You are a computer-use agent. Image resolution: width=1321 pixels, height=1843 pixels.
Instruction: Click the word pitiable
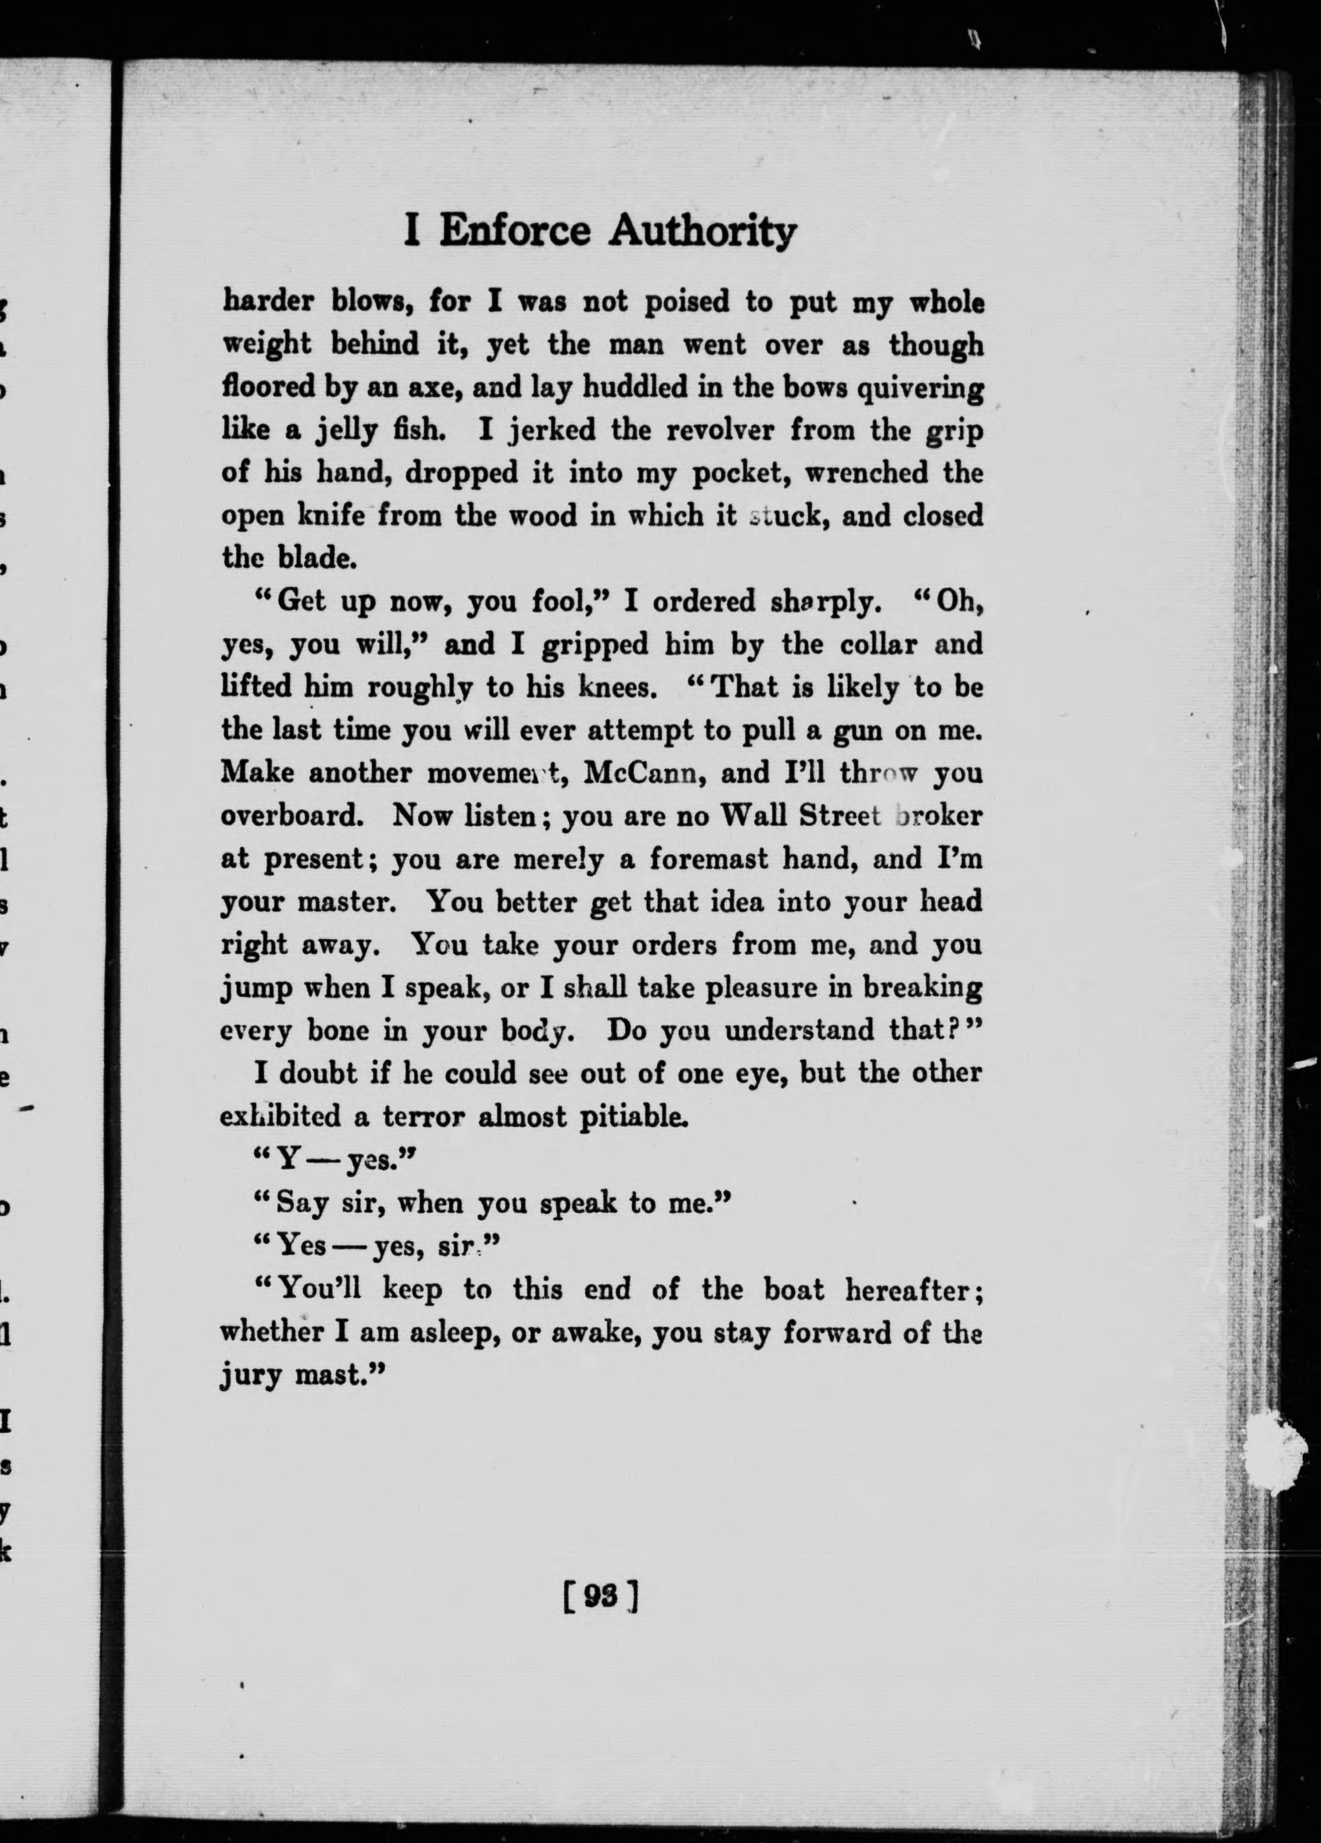point(634,1116)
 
